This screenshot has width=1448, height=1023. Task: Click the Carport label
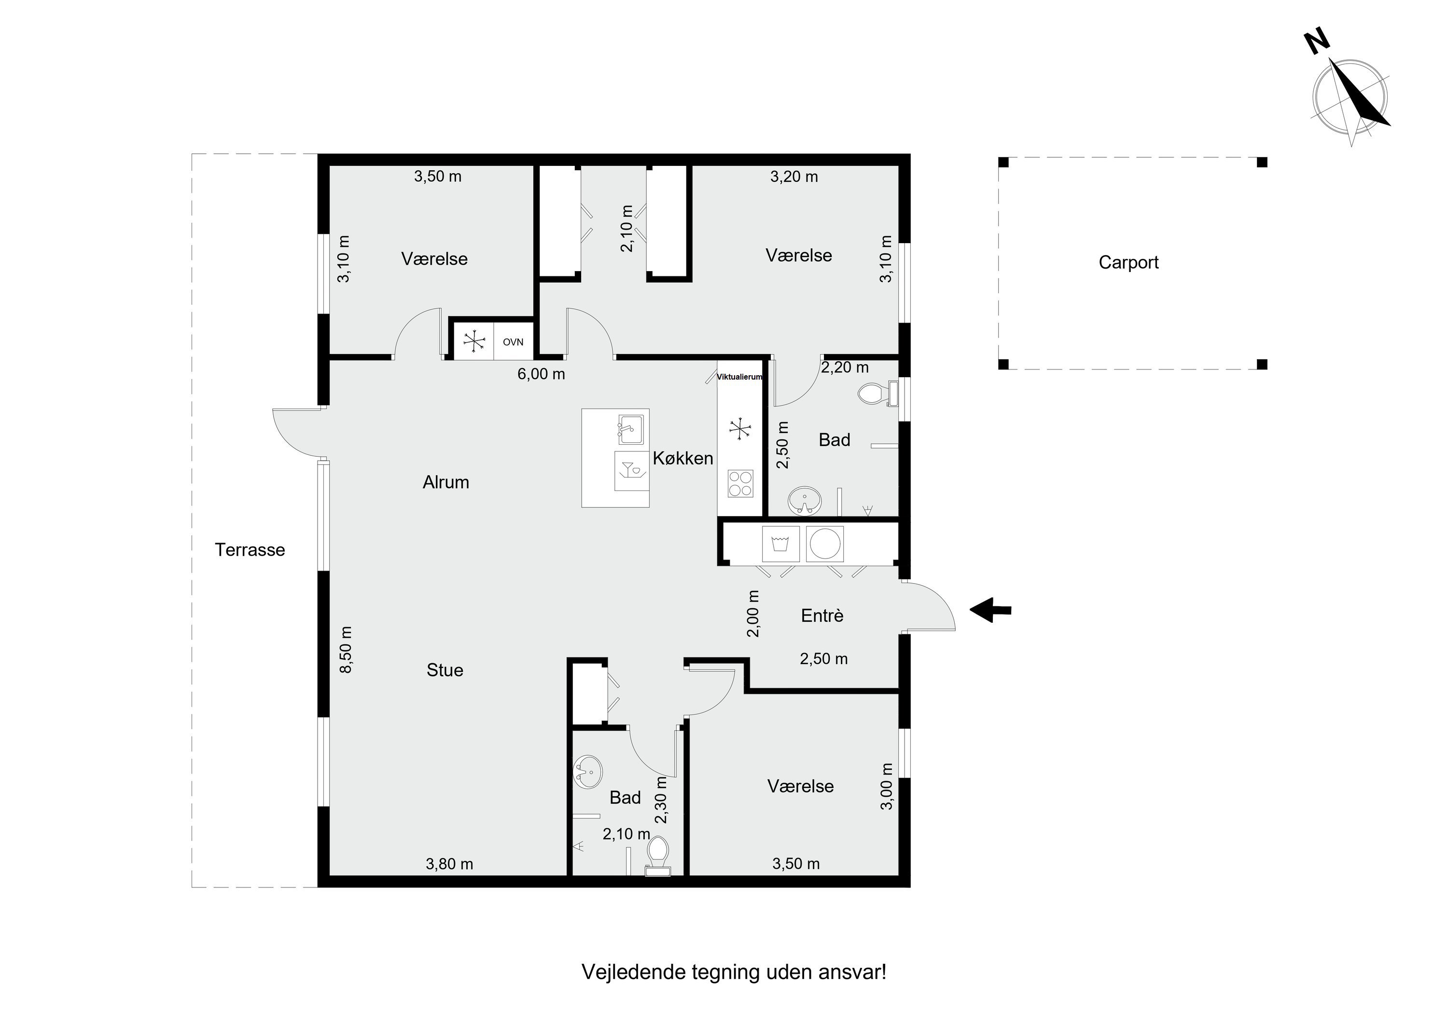click(x=1128, y=262)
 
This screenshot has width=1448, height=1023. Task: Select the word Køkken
click(x=683, y=458)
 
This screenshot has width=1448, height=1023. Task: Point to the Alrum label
click(x=446, y=482)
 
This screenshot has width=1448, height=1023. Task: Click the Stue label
click(x=445, y=670)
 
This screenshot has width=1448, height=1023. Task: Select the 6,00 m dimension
click(x=541, y=374)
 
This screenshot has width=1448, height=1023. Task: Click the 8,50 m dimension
click(x=346, y=649)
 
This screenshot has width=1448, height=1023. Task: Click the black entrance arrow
click(x=990, y=610)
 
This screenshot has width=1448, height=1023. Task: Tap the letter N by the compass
click(x=1318, y=42)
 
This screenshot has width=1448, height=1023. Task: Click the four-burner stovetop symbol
click(x=740, y=483)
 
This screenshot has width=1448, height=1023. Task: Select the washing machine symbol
click(x=781, y=544)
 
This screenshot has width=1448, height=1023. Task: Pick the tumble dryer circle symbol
click(x=825, y=544)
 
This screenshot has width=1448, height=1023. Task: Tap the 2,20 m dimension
click(x=845, y=367)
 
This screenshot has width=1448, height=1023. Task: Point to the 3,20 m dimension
click(x=794, y=177)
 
